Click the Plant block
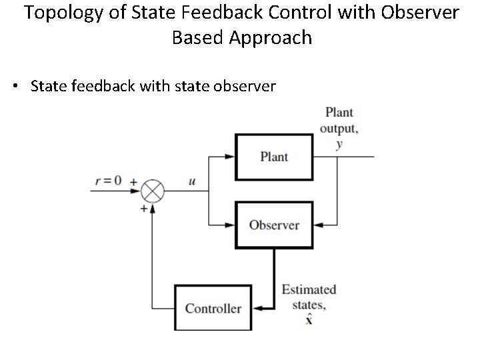274,157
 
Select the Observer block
274,225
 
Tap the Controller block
213,308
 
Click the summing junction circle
153,191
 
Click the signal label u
192,181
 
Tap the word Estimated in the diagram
309,290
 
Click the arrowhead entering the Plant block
230,157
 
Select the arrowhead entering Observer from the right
319,225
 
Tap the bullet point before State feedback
15,87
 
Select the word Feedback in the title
253,13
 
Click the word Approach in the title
271,37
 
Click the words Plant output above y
339,120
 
